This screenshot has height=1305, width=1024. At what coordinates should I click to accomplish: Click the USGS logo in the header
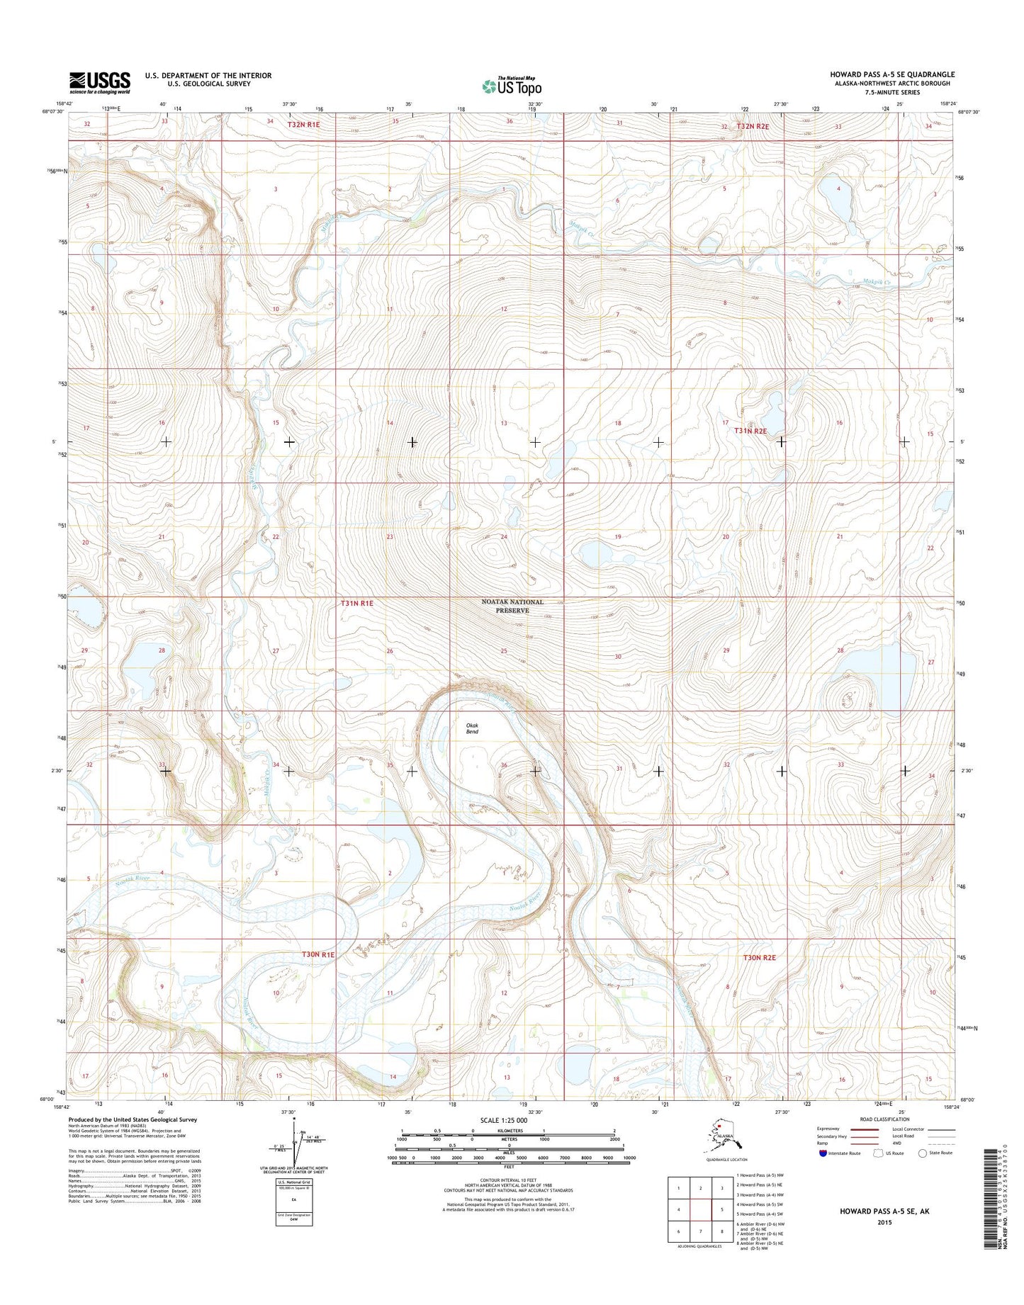pos(100,82)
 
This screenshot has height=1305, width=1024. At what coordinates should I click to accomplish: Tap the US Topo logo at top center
pos(512,86)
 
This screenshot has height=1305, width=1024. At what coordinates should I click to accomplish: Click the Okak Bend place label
pos(472,728)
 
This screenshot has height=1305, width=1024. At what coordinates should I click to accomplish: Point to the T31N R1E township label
pos(356,603)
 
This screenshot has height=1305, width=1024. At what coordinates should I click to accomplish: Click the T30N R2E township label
pos(759,957)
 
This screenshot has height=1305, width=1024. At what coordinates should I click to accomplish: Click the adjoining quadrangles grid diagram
pos(700,1209)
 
